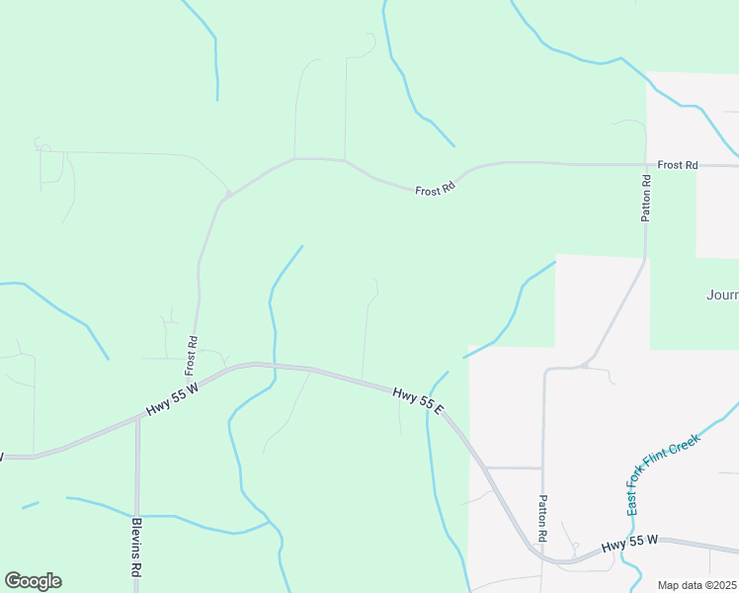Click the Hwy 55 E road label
coord(418,399)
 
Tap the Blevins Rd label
coord(137,548)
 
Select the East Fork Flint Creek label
coord(663,473)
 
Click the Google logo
coord(33,581)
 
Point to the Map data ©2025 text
coord(698,585)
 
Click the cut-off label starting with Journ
coord(722,295)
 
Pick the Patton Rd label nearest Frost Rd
coord(646,198)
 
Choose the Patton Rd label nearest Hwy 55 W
coord(542,518)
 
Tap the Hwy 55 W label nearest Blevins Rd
coord(173,400)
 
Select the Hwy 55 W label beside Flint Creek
coord(631,544)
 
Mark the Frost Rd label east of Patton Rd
coord(678,165)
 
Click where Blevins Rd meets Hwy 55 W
coord(137,417)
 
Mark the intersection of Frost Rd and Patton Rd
coord(646,165)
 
